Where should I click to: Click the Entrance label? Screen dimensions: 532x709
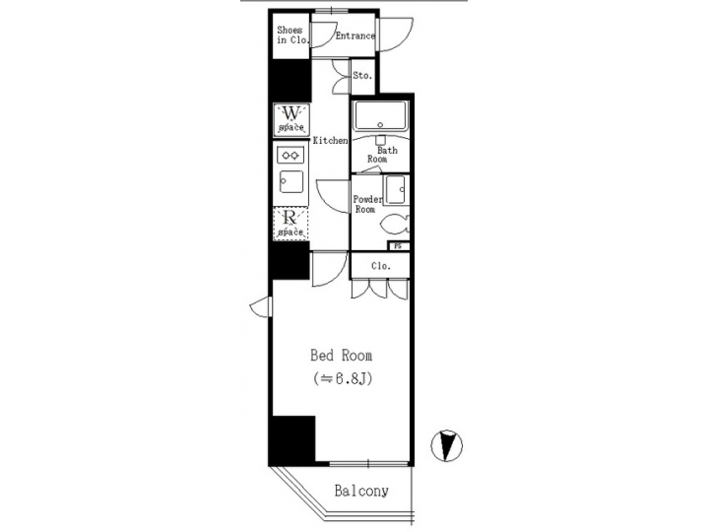[x=354, y=36]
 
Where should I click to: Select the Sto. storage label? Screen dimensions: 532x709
[x=361, y=75]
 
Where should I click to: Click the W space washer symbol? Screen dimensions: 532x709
[x=291, y=118]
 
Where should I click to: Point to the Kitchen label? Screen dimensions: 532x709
[x=331, y=141]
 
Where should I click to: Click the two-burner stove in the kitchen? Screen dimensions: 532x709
[x=291, y=155]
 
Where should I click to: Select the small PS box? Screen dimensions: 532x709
[x=399, y=246]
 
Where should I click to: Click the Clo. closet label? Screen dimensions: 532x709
[x=381, y=266]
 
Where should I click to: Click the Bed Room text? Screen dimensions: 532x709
[x=342, y=356]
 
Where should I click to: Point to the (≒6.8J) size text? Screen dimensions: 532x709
[x=342, y=378]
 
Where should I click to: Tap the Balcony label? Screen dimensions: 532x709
[x=360, y=491]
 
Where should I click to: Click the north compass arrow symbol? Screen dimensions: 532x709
[x=448, y=445]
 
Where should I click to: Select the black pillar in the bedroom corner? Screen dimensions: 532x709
[x=292, y=438]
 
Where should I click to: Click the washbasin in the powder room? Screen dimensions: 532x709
[x=396, y=189]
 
